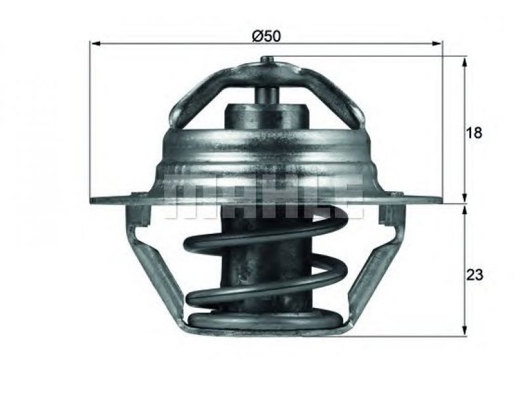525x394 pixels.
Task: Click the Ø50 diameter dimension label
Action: click(x=266, y=36)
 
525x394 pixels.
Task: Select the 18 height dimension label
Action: click(x=474, y=133)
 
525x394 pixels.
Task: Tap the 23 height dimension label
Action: click(x=474, y=274)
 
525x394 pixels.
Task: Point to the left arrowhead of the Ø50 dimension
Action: click(x=96, y=43)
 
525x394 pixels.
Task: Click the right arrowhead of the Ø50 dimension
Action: click(x=436, y=43)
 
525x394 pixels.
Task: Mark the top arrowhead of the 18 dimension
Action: click(x=465, y=62)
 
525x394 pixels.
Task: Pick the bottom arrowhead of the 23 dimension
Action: click(x=465, y=330)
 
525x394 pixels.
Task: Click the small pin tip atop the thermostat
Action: click(x=267, y=59)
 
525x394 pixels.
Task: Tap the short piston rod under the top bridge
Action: click(x=266, y=95)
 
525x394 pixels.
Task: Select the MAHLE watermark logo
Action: click(x=264, y=196)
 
